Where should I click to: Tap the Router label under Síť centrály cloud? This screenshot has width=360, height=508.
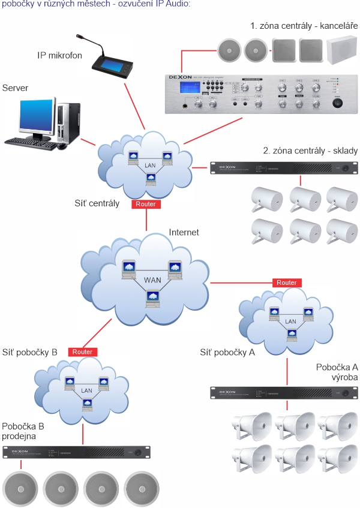point(146,204)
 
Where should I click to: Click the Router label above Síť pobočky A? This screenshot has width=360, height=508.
point(286,282)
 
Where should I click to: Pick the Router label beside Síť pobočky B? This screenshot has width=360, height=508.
point(82,352)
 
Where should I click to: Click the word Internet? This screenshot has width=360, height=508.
point(184,232)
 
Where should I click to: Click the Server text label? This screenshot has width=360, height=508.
point(15,88)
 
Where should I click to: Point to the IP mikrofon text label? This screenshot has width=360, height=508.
point(60,56)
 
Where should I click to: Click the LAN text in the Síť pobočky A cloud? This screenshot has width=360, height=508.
point(290,321)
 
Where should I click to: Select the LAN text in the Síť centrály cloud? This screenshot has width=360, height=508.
point(150,165)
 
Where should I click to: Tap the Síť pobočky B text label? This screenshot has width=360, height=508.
point(29,353)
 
